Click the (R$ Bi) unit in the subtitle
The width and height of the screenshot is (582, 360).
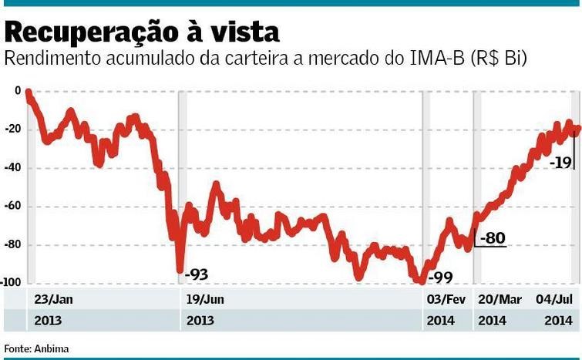498,59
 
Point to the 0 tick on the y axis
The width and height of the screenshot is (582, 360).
17,91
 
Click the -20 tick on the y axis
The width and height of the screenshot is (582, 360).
12,130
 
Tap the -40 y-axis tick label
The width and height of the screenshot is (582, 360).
12,168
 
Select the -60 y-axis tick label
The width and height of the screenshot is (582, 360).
12,207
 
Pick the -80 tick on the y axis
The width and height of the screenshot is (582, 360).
12,245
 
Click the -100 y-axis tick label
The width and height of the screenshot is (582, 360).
12,282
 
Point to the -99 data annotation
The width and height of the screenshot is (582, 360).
440,277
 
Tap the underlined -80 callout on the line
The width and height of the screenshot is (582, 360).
493,238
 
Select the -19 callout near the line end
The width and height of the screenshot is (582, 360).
560,163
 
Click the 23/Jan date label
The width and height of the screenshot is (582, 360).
51,298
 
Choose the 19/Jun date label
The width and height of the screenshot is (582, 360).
205,298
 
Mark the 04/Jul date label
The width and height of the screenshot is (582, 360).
553,298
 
